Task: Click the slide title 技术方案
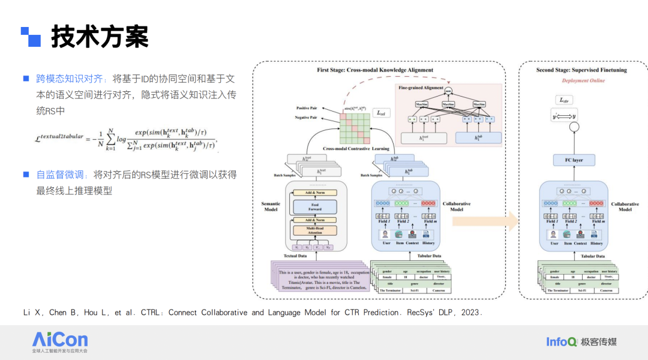[100, 37]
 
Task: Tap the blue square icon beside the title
[31, 37]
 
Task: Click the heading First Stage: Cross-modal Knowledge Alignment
[375, 70]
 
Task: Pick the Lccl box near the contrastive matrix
[380, 112]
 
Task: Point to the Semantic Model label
[271, 206]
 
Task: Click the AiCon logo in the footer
[60, 341]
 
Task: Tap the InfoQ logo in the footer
[561, 341]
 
